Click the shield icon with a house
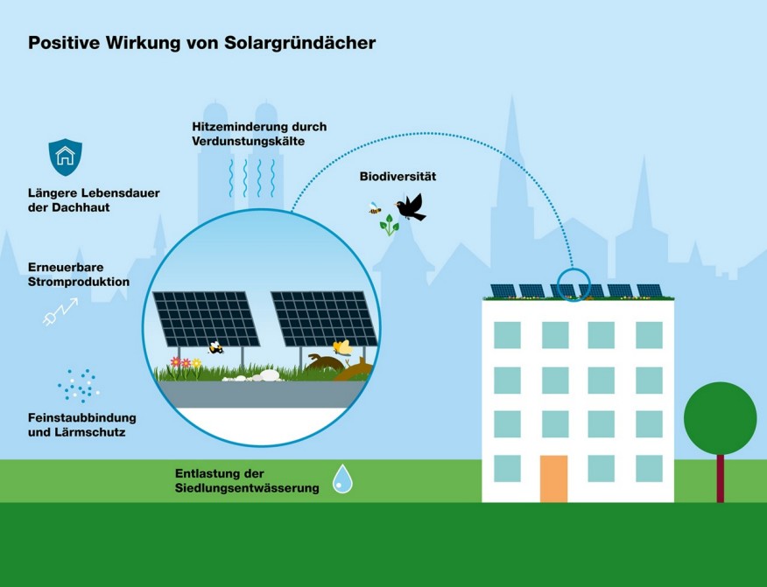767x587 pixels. [65, 157]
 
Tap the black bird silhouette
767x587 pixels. [410, 207]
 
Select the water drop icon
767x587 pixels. [342, 479]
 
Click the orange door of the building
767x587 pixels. [553, 479]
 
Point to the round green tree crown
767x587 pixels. [720, 418]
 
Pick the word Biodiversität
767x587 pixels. [398, 177]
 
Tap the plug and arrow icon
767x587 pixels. [60, 311]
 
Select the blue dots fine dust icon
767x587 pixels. [78, 384]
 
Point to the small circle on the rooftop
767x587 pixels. [573, 284]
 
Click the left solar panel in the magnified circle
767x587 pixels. [206, 318]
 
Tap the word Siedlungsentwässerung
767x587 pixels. [246, 488]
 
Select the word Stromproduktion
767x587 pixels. [78, 282]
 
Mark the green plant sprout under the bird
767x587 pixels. [389, 226]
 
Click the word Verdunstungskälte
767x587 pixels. [248, 141]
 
